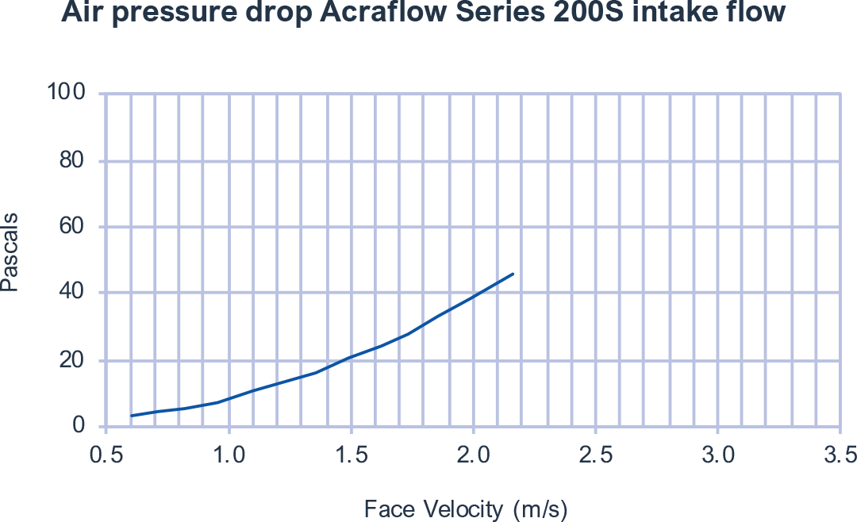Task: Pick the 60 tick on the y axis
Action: click(75, 227)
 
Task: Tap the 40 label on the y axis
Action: click(75, 294)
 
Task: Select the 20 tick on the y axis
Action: click(75, 360)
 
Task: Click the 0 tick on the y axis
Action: click(80, 426)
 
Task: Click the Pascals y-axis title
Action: click(10, 252)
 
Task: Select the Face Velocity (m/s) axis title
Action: click(467, 509)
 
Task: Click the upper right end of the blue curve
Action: click(513, 274)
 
